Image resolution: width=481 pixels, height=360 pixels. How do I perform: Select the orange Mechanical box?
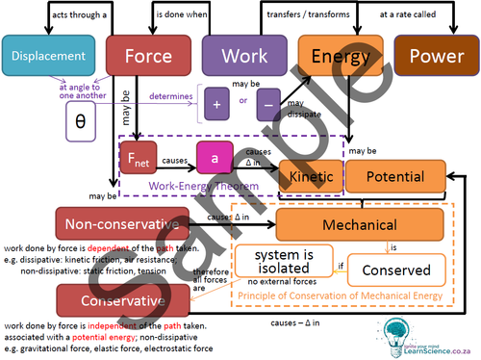360,223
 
